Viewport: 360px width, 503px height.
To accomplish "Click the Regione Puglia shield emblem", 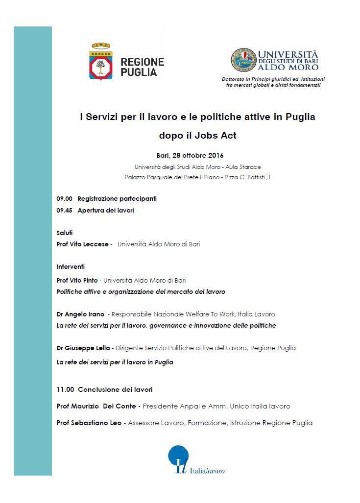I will coord(101,61).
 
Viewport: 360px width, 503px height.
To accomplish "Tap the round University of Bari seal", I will coord(243,60).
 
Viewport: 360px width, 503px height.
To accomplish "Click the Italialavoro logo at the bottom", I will coord(196,461).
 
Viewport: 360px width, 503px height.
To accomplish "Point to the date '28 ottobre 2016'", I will coord(198,156).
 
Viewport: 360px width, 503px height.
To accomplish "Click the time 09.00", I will coord(64,199).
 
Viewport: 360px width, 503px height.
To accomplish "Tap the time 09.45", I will coord(64,211).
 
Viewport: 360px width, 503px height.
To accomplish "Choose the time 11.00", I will coord(65,390).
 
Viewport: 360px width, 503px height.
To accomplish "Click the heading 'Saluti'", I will coord(65,233).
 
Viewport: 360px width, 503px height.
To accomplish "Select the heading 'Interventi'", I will coord(71,267).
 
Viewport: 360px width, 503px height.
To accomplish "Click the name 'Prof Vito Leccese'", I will coord(83,244).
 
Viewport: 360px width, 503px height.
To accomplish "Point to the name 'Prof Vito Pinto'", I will coord(77,281).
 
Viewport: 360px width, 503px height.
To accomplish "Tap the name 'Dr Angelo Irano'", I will coord(80,314).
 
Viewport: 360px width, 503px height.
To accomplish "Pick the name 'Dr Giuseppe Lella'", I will coord(84,348).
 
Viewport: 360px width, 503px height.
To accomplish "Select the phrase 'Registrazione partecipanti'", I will coord(117,199).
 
